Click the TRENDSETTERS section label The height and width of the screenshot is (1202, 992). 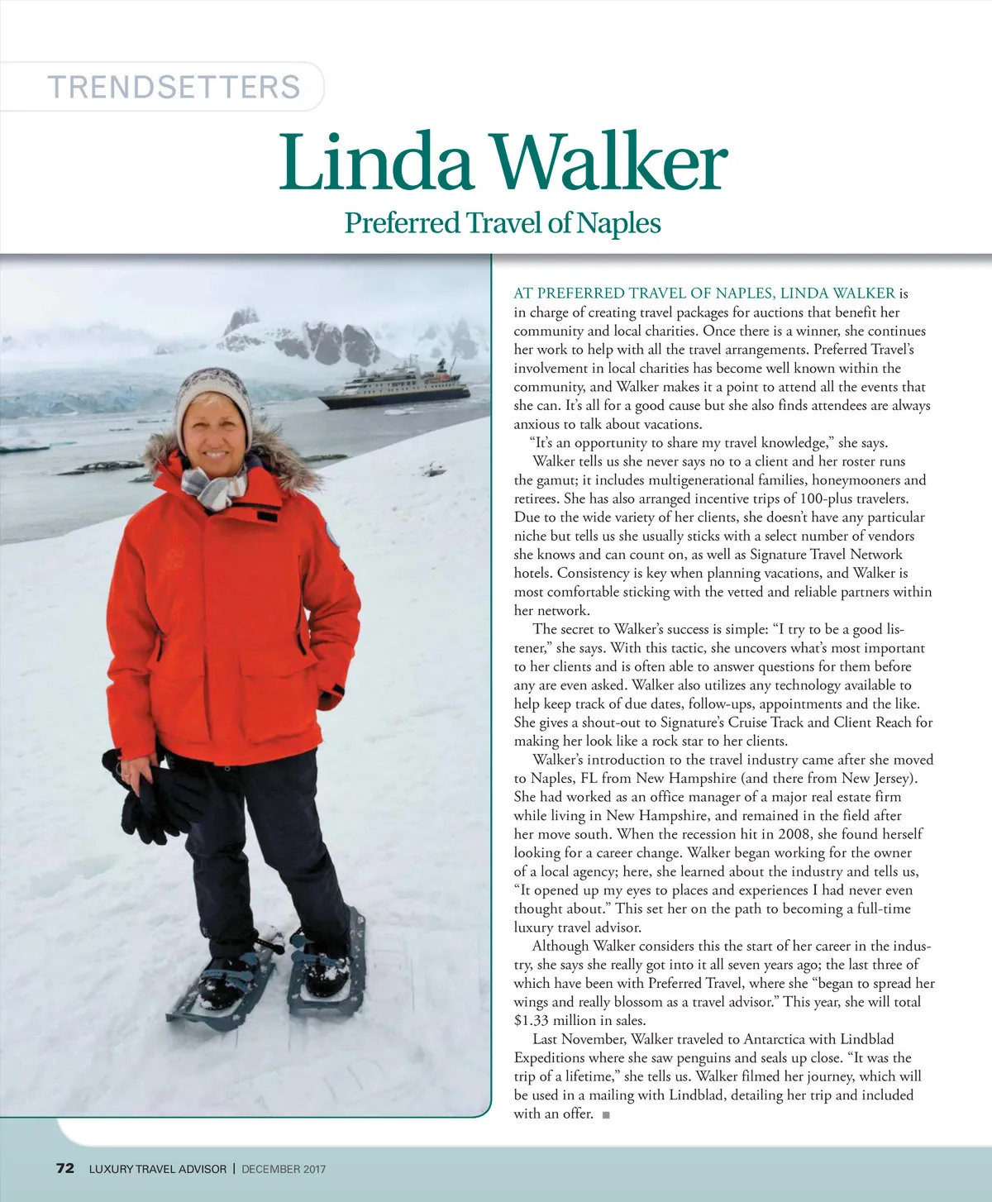coord(174,87)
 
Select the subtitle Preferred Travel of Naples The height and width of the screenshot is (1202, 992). coord(503,223)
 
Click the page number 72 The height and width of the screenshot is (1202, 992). coord(64,1168)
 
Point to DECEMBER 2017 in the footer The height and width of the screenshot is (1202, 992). coord(284,1169)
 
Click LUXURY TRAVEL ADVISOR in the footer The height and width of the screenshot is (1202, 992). coord(157,1169)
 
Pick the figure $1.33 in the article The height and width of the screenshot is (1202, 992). coord(532,1020)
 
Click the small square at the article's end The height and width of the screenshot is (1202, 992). coord(606,1114)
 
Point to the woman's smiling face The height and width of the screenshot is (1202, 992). coord(213,434)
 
